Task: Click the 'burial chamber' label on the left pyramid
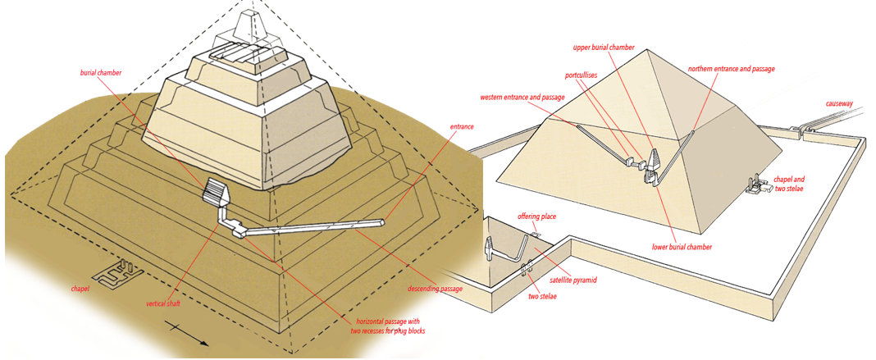click(x=101, y=73)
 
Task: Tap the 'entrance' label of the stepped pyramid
click(x=462, y=127)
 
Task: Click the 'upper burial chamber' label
click(x=603, y=48)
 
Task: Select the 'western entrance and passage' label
click(x=522, y=98)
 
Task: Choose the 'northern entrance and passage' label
click(x=731, y=70)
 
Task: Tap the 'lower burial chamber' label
click(x=682, y=247)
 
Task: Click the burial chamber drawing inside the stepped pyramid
click(x=217, y=194)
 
